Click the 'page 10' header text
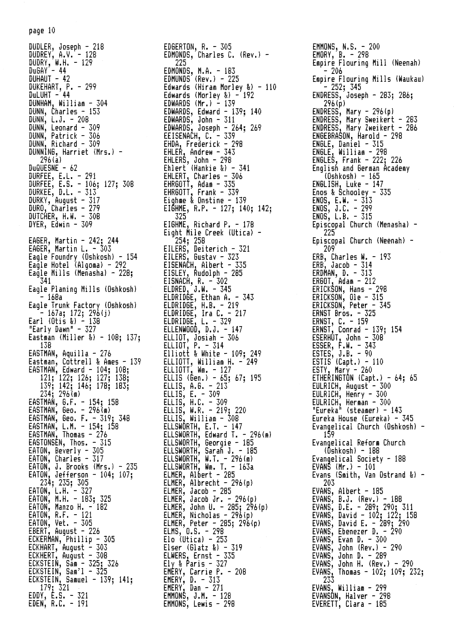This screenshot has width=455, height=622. (42, 31)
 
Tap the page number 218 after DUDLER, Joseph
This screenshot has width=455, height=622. (98, 47)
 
